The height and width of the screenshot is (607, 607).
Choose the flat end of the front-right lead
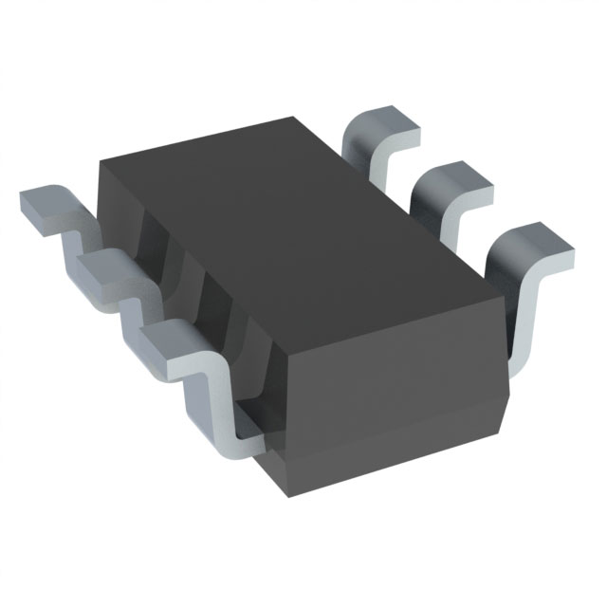tap(531, 245)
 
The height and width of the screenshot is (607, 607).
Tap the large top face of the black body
tap(285, 237)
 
